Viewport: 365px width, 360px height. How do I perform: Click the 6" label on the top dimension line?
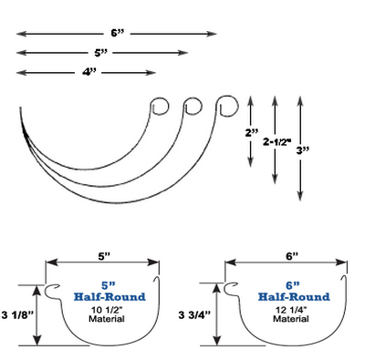click(x=116, y=33)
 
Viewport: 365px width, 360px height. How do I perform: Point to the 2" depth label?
click(x=252, y=131)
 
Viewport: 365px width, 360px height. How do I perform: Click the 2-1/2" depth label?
click(x=276, y=142)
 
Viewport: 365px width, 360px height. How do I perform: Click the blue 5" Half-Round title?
click(x=102, y=289)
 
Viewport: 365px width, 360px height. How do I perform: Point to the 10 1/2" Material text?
click(x=102, y=315)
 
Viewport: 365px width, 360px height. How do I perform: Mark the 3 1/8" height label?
click(x=18, y=315)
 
